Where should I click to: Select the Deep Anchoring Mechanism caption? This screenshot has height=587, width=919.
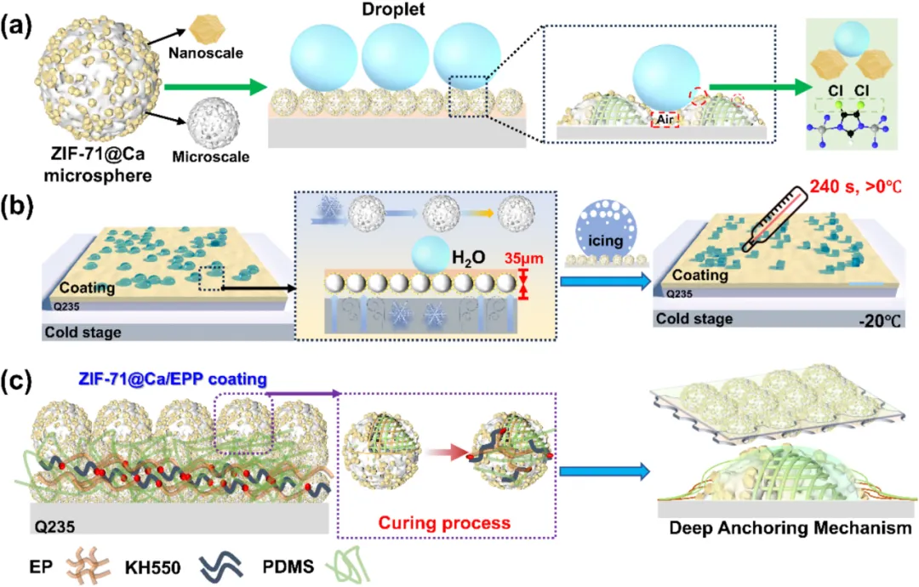(789, 528)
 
